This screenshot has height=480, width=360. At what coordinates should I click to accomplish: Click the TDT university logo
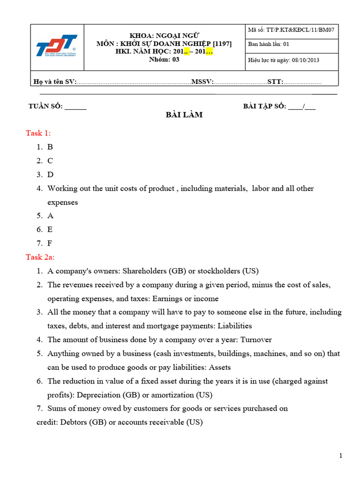click(57, 47)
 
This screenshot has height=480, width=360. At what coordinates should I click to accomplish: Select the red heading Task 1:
click(38, 133)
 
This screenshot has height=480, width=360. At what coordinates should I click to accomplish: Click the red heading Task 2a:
click(40, 257)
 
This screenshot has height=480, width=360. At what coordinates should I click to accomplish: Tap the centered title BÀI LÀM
click(184, 115)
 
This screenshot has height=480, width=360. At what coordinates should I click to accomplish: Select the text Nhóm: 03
click(164, 59)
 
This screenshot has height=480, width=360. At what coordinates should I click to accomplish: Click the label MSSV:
click(202, 82)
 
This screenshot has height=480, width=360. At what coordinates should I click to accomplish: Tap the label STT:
click(275, 82)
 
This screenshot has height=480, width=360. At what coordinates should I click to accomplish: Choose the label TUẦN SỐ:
click(45, 106)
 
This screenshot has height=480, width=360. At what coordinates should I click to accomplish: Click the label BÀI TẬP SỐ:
click(264, 106)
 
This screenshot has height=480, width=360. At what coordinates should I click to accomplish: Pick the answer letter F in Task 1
click(50, 243)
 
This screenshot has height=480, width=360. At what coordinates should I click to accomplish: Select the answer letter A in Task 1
click(50, 216)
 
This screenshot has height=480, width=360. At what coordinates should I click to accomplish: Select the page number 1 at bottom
click(341, 456)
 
